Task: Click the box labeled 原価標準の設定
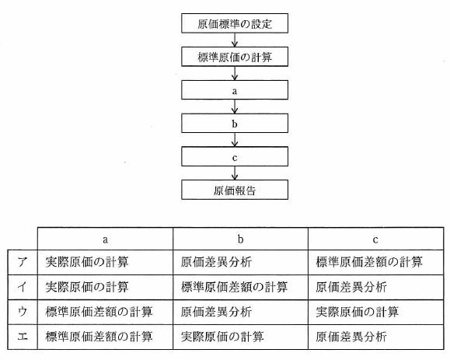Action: click(x=235, y=23)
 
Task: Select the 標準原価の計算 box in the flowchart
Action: click(x=235, y=57)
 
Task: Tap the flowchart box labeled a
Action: click(x=235, y=90)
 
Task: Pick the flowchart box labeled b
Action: click(x=235, y=123)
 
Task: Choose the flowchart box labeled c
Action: click(x=235, y=156)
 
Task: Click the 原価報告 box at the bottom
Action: click(x=235, y=190)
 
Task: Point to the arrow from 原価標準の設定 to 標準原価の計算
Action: click(x=235, y=40)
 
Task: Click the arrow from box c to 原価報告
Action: click(x=235, y=173)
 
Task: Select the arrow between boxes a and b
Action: click(x=235, y=107)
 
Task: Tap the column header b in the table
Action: click(x=240, y=239)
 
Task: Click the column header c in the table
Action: click(x=375, y=239)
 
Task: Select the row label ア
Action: click(x=23, y=262)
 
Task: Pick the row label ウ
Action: click(x=23, y=313)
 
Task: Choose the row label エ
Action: click(x=23, y=337)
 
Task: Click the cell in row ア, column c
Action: click(x=375, y=262)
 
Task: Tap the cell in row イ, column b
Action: click(x=240, y=288)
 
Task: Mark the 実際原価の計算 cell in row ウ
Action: click(x=375, y=313)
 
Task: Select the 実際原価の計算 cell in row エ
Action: click(x=240, y=337)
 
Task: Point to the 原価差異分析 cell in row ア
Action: click(x=240, y=262)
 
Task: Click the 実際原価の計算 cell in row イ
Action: click(x=106, y=288)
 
